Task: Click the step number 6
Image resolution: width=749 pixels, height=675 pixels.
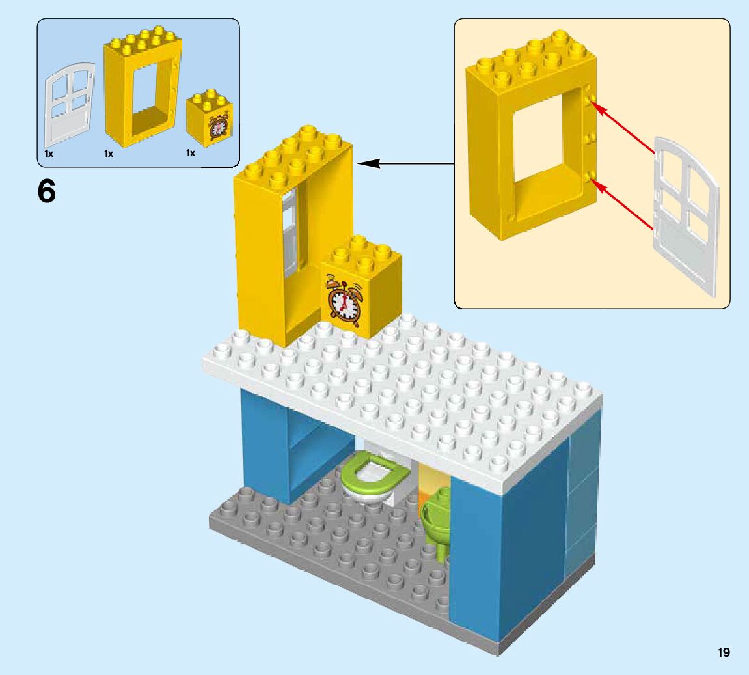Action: pos(47,191)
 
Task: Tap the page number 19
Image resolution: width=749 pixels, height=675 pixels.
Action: pos(724,652)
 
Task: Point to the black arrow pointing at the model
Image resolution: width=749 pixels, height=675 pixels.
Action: pos(403,163)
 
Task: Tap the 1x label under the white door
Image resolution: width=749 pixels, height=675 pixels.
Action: pos(49,154)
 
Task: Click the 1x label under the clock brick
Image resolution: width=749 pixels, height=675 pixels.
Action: pos(191,153)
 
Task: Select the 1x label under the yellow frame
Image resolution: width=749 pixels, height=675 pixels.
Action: pos(109,154)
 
